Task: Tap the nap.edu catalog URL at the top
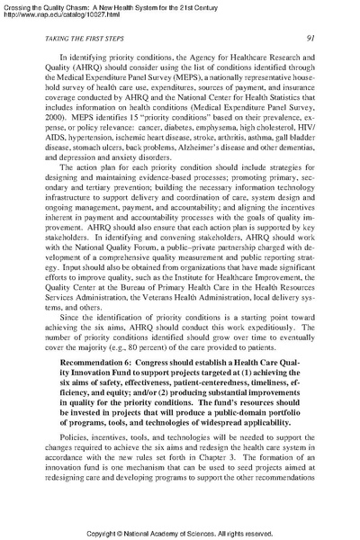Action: pyautogui.click(x=52, y=13)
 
